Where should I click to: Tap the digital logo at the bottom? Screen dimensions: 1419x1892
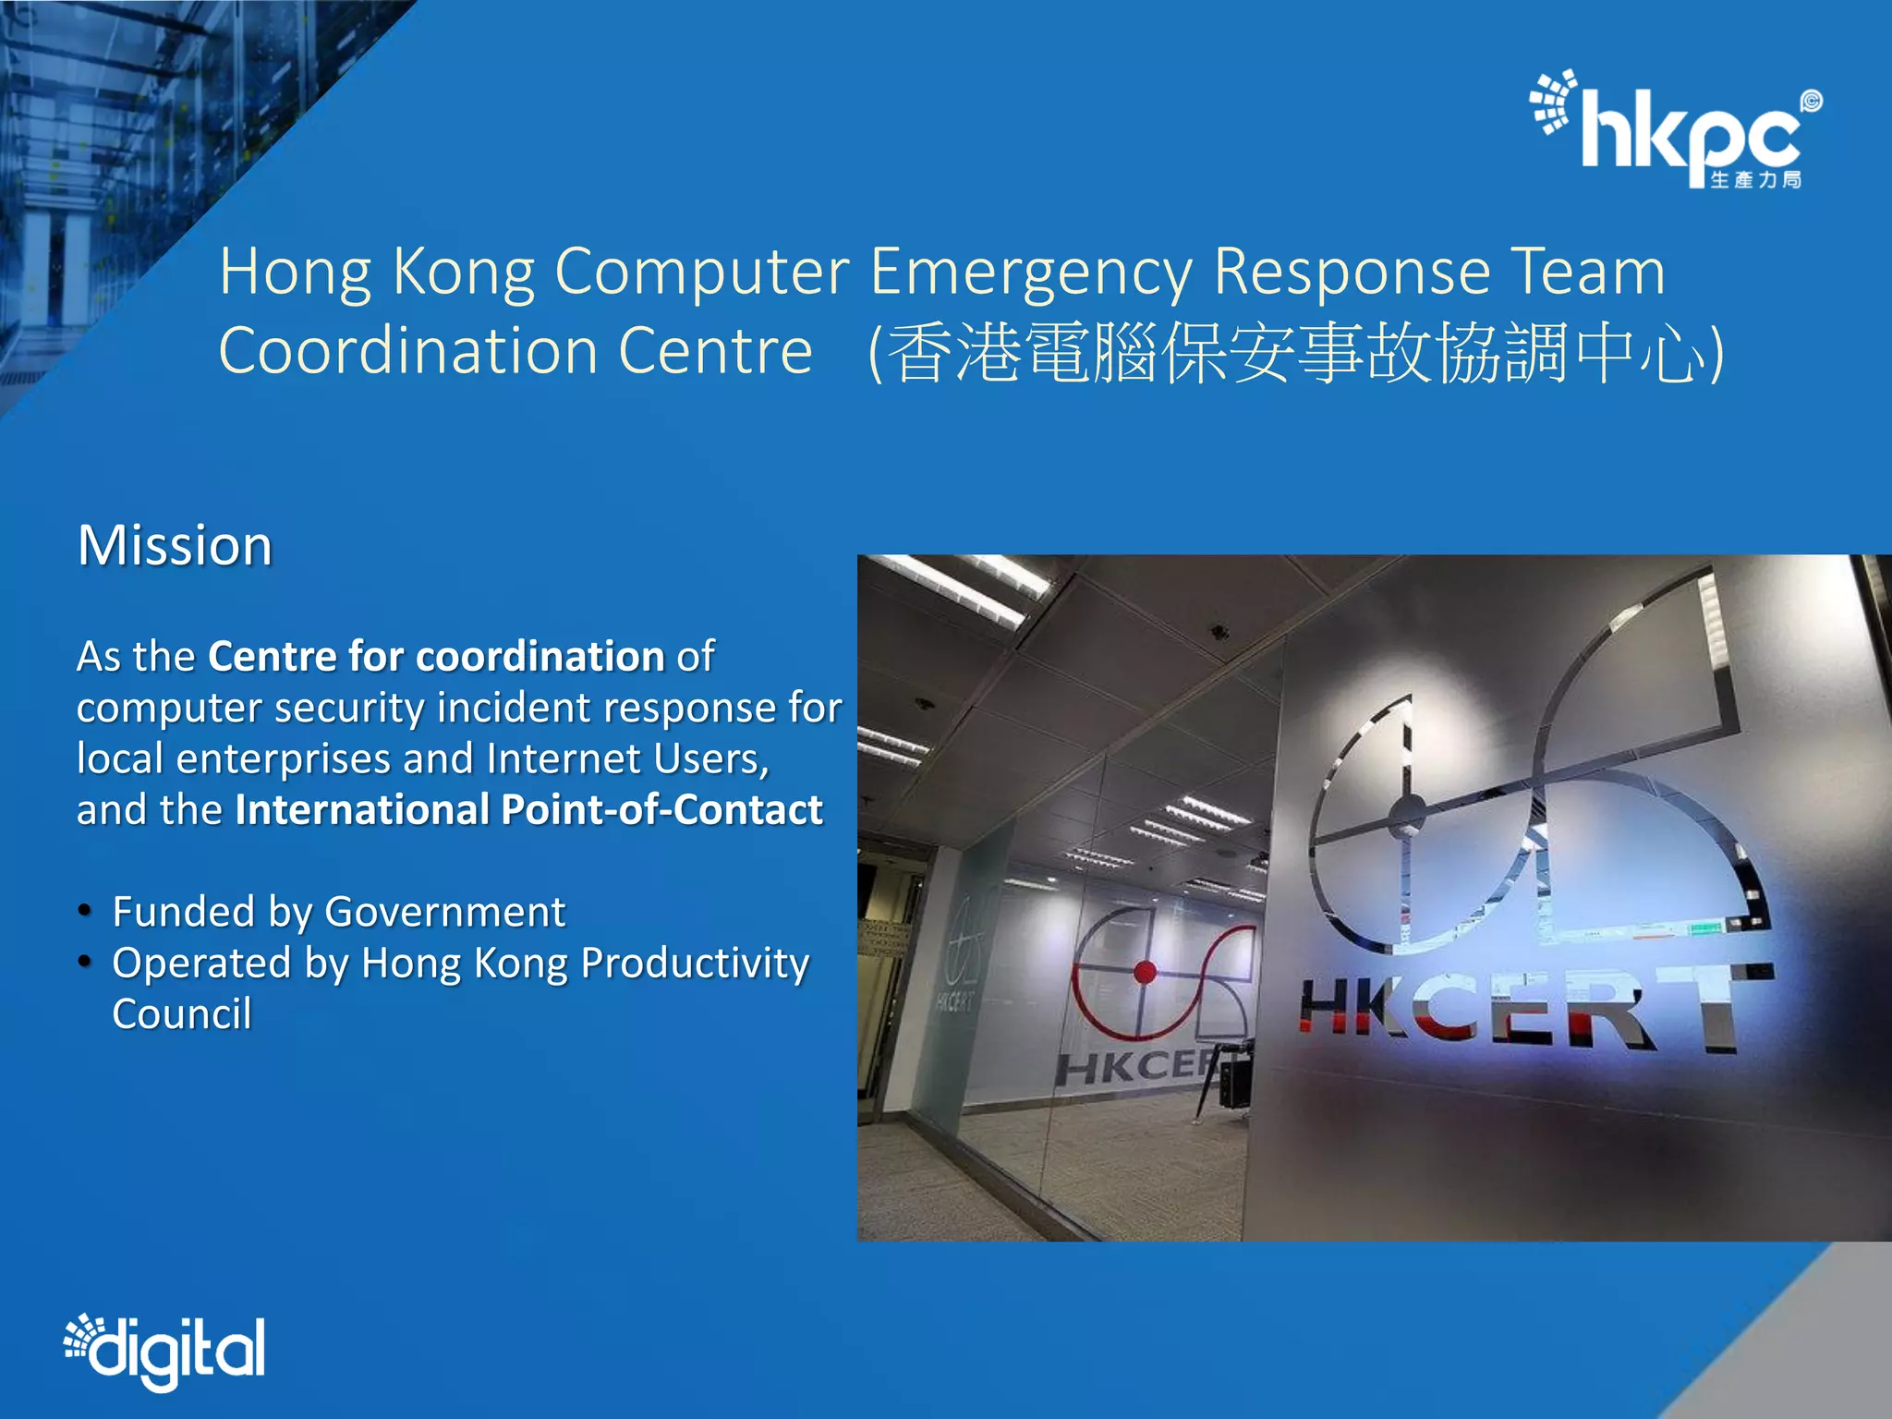(x=164, y=1351)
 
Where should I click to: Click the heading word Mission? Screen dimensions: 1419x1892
(x=175, y=545)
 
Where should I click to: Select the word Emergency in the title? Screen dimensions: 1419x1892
(x=1031, y=273)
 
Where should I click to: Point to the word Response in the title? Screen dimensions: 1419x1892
(x=1352, y=273)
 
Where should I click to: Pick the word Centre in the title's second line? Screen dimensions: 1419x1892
(x=715, y=352)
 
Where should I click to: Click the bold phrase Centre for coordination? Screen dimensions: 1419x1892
(x=436, y=657)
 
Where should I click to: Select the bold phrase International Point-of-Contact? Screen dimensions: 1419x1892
(x=528, y=810)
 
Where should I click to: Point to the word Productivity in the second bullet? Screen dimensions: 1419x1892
(x=695, y=964)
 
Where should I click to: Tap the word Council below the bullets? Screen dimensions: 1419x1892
(x=182, y=1014)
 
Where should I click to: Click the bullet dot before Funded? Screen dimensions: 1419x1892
(x=85, y=912)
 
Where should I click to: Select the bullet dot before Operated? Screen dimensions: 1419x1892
(x=85, y=963)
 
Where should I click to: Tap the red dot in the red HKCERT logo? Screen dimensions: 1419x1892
(x=1145, y=971)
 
